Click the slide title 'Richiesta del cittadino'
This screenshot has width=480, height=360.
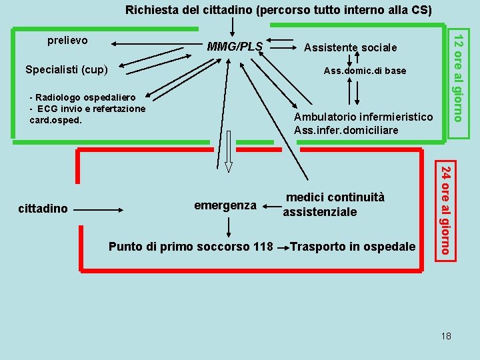click(x=279, y=10)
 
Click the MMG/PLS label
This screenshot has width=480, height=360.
click(x=235, y=47)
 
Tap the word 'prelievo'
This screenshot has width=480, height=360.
click(x=67, y=41)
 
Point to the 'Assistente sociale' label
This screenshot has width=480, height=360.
click(x=350, y=47)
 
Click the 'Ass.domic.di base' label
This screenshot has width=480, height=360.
click(x=364, y=71)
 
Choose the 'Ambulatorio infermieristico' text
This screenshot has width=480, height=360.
click(x=363, y=117)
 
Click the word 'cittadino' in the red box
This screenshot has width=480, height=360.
click(x=43, y=209)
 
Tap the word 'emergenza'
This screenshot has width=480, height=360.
click(x=225, y=205)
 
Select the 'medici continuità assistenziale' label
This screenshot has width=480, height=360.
click(x=334, y=205)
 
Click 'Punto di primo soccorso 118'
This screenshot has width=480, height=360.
click(x=190, y=247)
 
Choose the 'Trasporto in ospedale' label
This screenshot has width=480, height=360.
click(x=352, y=247)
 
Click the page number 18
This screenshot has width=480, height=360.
click(x=446, y=335)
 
